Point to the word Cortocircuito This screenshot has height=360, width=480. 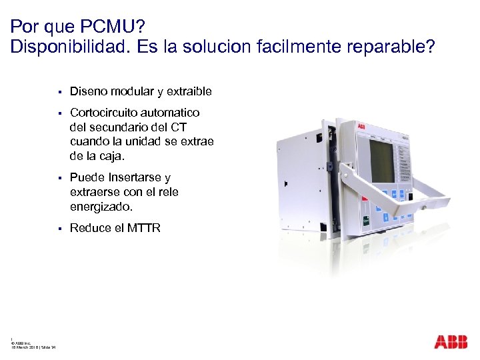tap(102, 113)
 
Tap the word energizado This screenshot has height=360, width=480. tap(98, 207)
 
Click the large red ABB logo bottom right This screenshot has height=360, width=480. tap(451, 342)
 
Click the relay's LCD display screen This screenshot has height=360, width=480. tap(382, 160)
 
